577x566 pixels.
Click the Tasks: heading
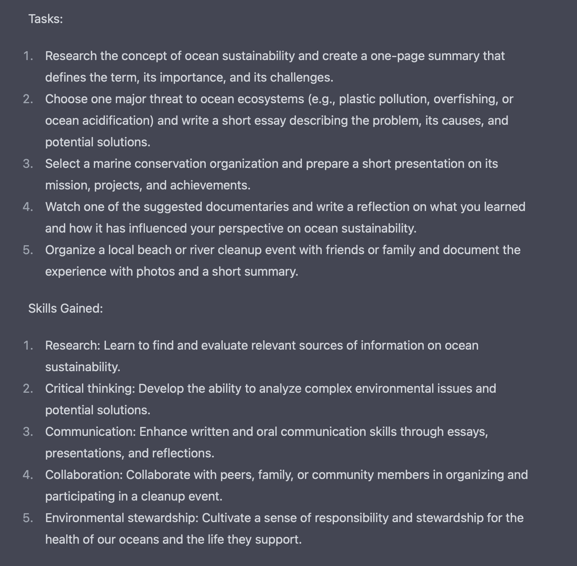45,19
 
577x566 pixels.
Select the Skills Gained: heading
65,308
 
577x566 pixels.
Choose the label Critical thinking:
90,388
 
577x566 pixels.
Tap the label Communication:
91,432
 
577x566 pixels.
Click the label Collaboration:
84,475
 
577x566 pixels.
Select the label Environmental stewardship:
122,518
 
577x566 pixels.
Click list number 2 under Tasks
28,99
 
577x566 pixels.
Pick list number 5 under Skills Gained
28,518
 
